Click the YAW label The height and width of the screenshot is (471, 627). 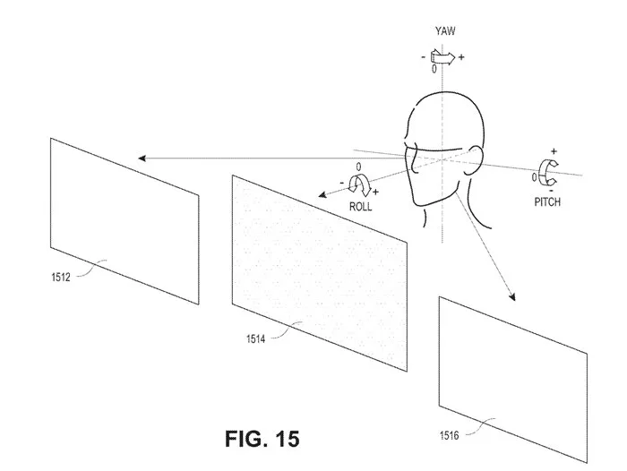point(445,31)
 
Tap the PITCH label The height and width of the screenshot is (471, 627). point(547,201)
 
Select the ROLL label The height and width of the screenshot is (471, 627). point(360,207)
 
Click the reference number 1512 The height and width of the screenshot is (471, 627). point(61,277)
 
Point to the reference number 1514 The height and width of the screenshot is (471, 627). point(256,339)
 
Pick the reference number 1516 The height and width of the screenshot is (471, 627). point(450,435)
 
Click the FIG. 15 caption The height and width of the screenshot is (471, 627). point(262,439)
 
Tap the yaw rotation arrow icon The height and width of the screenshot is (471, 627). point(442,57)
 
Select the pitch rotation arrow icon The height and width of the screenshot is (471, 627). point(548,173)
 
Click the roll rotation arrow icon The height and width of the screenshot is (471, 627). point(359,184)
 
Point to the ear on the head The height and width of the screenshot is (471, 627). point(473,160)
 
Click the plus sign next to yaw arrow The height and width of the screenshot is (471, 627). point(461,57)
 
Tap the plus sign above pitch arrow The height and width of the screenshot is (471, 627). point(554,151)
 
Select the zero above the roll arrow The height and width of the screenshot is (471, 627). point(358,167)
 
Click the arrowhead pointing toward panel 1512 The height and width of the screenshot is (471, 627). point(142,158)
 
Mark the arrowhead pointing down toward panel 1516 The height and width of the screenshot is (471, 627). point(511,296)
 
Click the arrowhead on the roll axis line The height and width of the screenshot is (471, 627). point(322,195)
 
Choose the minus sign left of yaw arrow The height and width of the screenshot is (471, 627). point(424,57)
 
